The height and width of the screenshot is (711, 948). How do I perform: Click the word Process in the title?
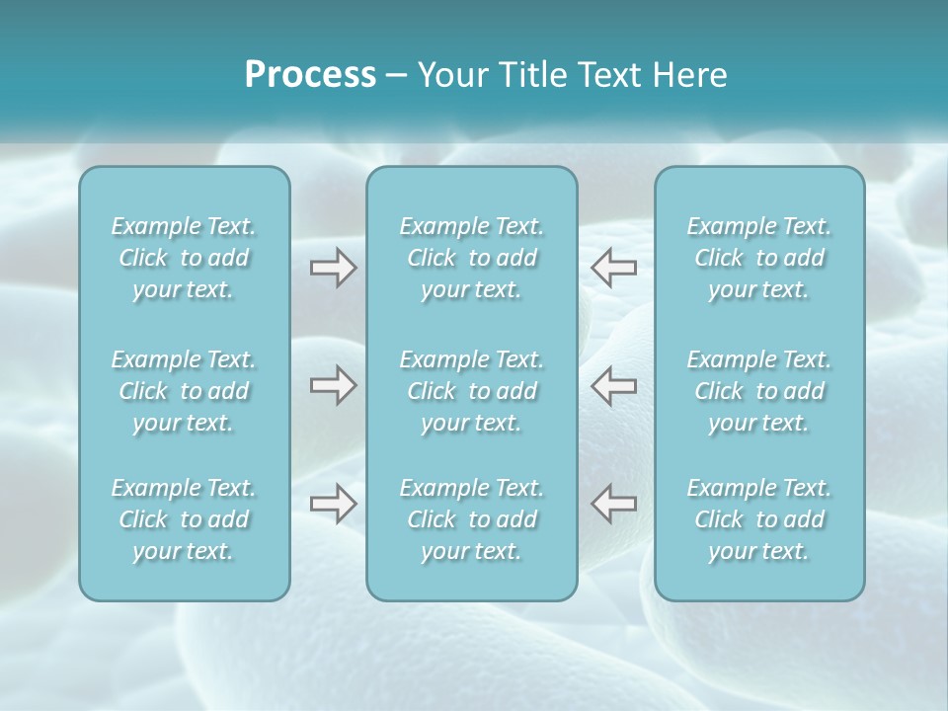pyautogui.click(x=310, y=75)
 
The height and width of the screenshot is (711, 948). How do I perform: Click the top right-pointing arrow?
pyautogui.click(x=333, y=268)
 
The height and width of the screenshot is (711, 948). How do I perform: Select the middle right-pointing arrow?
pyautogui.click(x=333, y=385)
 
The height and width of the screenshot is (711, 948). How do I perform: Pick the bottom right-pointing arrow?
pyautogui.click(x=333, y=504)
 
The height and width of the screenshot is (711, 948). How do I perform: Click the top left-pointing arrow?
pyautogui.click(x=614, y=268)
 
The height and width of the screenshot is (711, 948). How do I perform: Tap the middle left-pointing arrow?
pyautogui.click(x=614, y=385)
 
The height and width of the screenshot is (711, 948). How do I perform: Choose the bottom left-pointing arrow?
pyautogui.click(x=614, y=504)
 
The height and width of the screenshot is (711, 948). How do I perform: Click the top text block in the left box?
pyautogui.click(x=184, y=258)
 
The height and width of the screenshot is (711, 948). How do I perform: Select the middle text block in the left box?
pyautogui.click(x=184, y=391)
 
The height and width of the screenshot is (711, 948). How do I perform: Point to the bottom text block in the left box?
pyautogui.click(x=184, y=519)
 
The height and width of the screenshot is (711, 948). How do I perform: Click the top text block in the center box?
pyautogui.click(x=472, y=258)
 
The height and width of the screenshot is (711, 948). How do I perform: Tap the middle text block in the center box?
pyautogui.click(x=472, y=391)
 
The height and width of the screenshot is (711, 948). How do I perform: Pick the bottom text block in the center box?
pyautogui.click(x=472, y=519)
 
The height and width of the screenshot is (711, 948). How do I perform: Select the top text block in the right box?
pyautogui.click(x=759, y=258)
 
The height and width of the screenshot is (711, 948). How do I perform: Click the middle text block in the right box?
pyautogui.click(x=759, y=391)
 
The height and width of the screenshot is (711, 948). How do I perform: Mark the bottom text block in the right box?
pyautogui.click(x=759, y=519)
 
